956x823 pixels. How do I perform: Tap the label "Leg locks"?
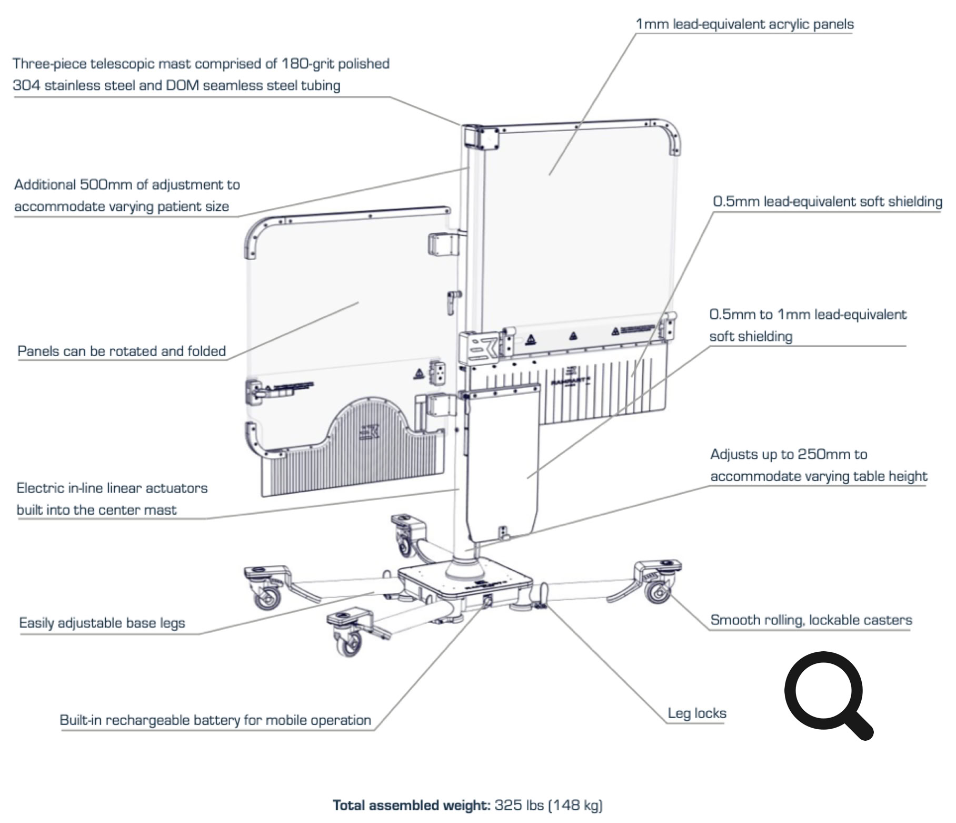pyautogui.click(x=696, y=713)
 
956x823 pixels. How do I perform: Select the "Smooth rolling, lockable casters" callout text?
pyautogui.click(x=811, y=620)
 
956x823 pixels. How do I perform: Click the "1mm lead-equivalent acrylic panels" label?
pyautogui.click(x=744, y=24)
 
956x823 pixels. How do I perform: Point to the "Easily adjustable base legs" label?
pyautogui.click(x=102, y=623)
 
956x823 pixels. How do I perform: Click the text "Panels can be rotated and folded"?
pyautogui.click(x=122, y=351)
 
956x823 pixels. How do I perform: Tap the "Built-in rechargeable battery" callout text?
pyautogui.click(x=215, y=720)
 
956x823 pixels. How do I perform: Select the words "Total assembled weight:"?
pyautogui.click(x=411, y=805)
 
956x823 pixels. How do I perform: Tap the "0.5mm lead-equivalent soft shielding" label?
pyautogui.click(x=827, y=201)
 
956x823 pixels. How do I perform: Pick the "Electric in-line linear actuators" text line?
pyautogui.click(x=112, y=488)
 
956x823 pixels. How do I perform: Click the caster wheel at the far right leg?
pyautogui.click(x=658, y=591)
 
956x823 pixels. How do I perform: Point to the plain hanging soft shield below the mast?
pyautogui.click(x=503, y=464)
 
